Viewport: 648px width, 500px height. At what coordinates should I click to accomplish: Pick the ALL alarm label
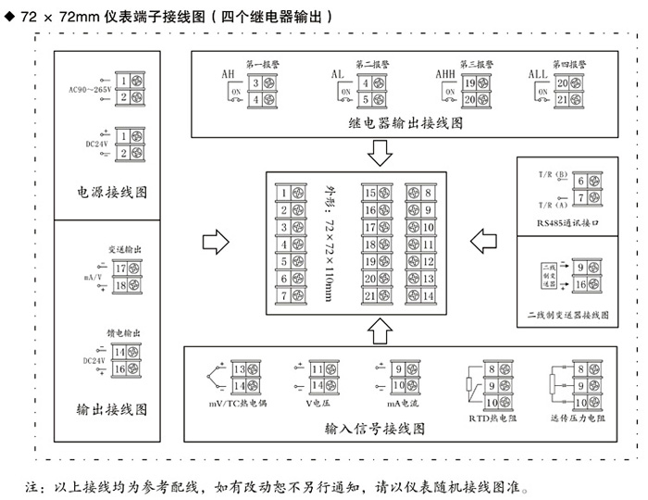click(538, 75)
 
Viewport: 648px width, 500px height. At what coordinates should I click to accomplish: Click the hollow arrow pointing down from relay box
click(380, 151)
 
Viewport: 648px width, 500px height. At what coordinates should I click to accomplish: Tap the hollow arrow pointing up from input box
click(380, 325)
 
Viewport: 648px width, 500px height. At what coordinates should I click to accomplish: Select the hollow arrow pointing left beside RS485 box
click(482, 242)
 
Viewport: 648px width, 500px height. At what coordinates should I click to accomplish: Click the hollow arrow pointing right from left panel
click(214, 243)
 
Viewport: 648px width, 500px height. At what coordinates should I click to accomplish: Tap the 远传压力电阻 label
click(575, 419)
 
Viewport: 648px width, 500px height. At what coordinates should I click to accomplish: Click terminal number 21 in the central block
click(369, 295)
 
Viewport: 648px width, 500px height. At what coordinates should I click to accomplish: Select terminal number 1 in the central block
click(284, 193)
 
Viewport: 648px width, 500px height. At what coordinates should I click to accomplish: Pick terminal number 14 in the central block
click(429, 295)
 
